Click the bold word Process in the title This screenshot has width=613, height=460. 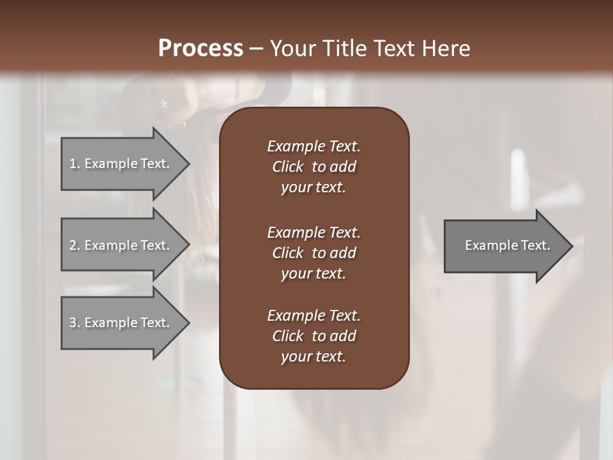click(x=201, y=49)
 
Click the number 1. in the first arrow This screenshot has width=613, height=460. click(x=75, y=164)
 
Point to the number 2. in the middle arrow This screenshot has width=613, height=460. click(x=75, y=245)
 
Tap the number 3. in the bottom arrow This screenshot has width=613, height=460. click(x=75, y=323)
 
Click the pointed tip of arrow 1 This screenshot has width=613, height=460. click(x=187, y=164)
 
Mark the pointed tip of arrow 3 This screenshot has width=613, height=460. click(x=187, y=323)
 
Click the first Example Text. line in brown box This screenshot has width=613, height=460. click(x=314, y=146)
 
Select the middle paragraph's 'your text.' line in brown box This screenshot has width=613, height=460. click(x=314, y=273)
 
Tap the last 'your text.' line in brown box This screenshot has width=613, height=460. click(x=314, y=356)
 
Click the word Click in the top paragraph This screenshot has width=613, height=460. click(x=287, y=167)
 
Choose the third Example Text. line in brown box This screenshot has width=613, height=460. click(x=314, y=316)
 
